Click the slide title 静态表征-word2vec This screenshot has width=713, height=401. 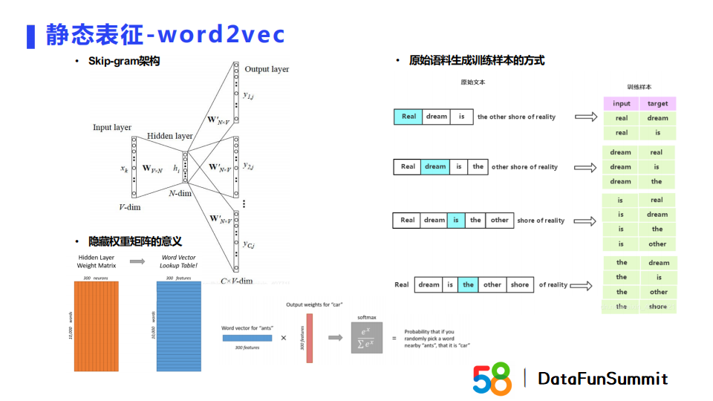coord(165,34)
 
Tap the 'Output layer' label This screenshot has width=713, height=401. coord(267,69)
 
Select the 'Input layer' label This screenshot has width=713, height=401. coord(112,127)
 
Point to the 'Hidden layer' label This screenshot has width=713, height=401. coord(169,136)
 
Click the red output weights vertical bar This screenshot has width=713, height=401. coord(310,338)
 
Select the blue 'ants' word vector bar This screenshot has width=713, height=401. coord(247,338)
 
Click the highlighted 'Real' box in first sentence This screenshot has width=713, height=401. coord(408,117)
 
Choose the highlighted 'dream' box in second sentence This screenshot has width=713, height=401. coord(435,167)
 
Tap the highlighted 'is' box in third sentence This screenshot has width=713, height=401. coord(455,221)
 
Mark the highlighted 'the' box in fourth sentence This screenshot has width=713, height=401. coord(468,284)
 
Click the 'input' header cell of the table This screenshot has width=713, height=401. coord(622,103)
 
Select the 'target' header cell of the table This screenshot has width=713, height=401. coord(657,103)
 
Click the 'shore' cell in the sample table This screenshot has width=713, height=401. coord(657,306)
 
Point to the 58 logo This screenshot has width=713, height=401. coord(492,379)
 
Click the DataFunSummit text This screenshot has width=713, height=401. coord(602,379)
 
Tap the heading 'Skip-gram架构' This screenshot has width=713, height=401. coord(124,61)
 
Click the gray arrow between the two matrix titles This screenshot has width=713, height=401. coord(137,261)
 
